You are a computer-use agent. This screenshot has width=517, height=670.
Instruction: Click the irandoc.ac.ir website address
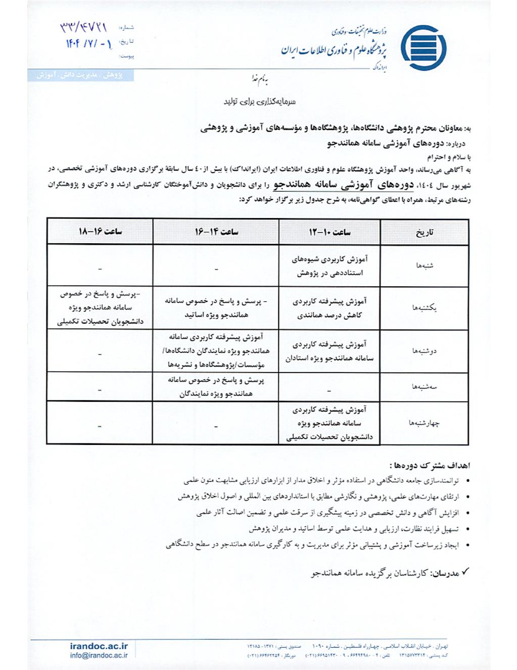click(x=99, y=646)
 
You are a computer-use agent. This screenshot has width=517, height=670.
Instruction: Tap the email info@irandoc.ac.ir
click(x=99, y=655)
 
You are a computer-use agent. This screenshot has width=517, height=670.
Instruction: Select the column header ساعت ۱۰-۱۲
click(x=330, y=232)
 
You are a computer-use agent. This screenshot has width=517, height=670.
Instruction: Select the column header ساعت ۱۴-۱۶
click(x=216, y=232)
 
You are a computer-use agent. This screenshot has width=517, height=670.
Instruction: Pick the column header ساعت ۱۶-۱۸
click(x=100, y=232)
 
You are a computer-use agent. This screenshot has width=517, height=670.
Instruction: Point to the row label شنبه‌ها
click(x=425, y=265)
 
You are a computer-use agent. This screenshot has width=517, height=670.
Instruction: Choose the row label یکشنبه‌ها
click(x=425, y=307)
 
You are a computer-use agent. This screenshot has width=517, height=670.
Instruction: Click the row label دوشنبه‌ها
click(x=425, y=350)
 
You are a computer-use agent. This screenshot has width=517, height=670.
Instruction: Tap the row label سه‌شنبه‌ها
click(x=425, y=387)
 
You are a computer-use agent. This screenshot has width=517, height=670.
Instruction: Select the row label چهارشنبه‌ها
click(x=425, y=423)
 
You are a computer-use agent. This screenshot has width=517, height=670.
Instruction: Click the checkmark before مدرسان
click(x=466, y=572)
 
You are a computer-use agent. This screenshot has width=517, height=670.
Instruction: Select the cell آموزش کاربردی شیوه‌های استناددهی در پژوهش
click(x=330, y=266)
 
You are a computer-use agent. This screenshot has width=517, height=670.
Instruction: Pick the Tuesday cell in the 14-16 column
click(x=216, y=387)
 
